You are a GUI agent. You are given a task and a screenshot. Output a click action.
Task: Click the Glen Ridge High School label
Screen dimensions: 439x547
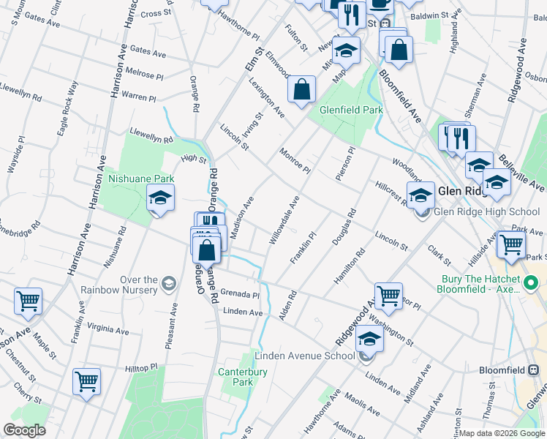(x=487, y=212)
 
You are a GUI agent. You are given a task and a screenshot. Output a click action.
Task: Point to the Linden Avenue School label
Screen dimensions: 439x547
(x=304, y=356)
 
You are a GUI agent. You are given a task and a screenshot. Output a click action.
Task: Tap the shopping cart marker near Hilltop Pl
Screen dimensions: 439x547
(x=86, y=380)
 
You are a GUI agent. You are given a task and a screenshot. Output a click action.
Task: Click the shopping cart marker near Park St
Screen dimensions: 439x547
(x=511, y=244)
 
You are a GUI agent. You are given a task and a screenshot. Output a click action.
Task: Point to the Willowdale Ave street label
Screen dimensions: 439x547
(x=284, y=220)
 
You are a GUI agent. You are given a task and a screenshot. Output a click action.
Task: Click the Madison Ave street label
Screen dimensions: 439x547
(x=242, y=217)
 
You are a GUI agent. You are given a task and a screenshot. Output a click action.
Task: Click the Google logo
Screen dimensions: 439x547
(x=24, y=430)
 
